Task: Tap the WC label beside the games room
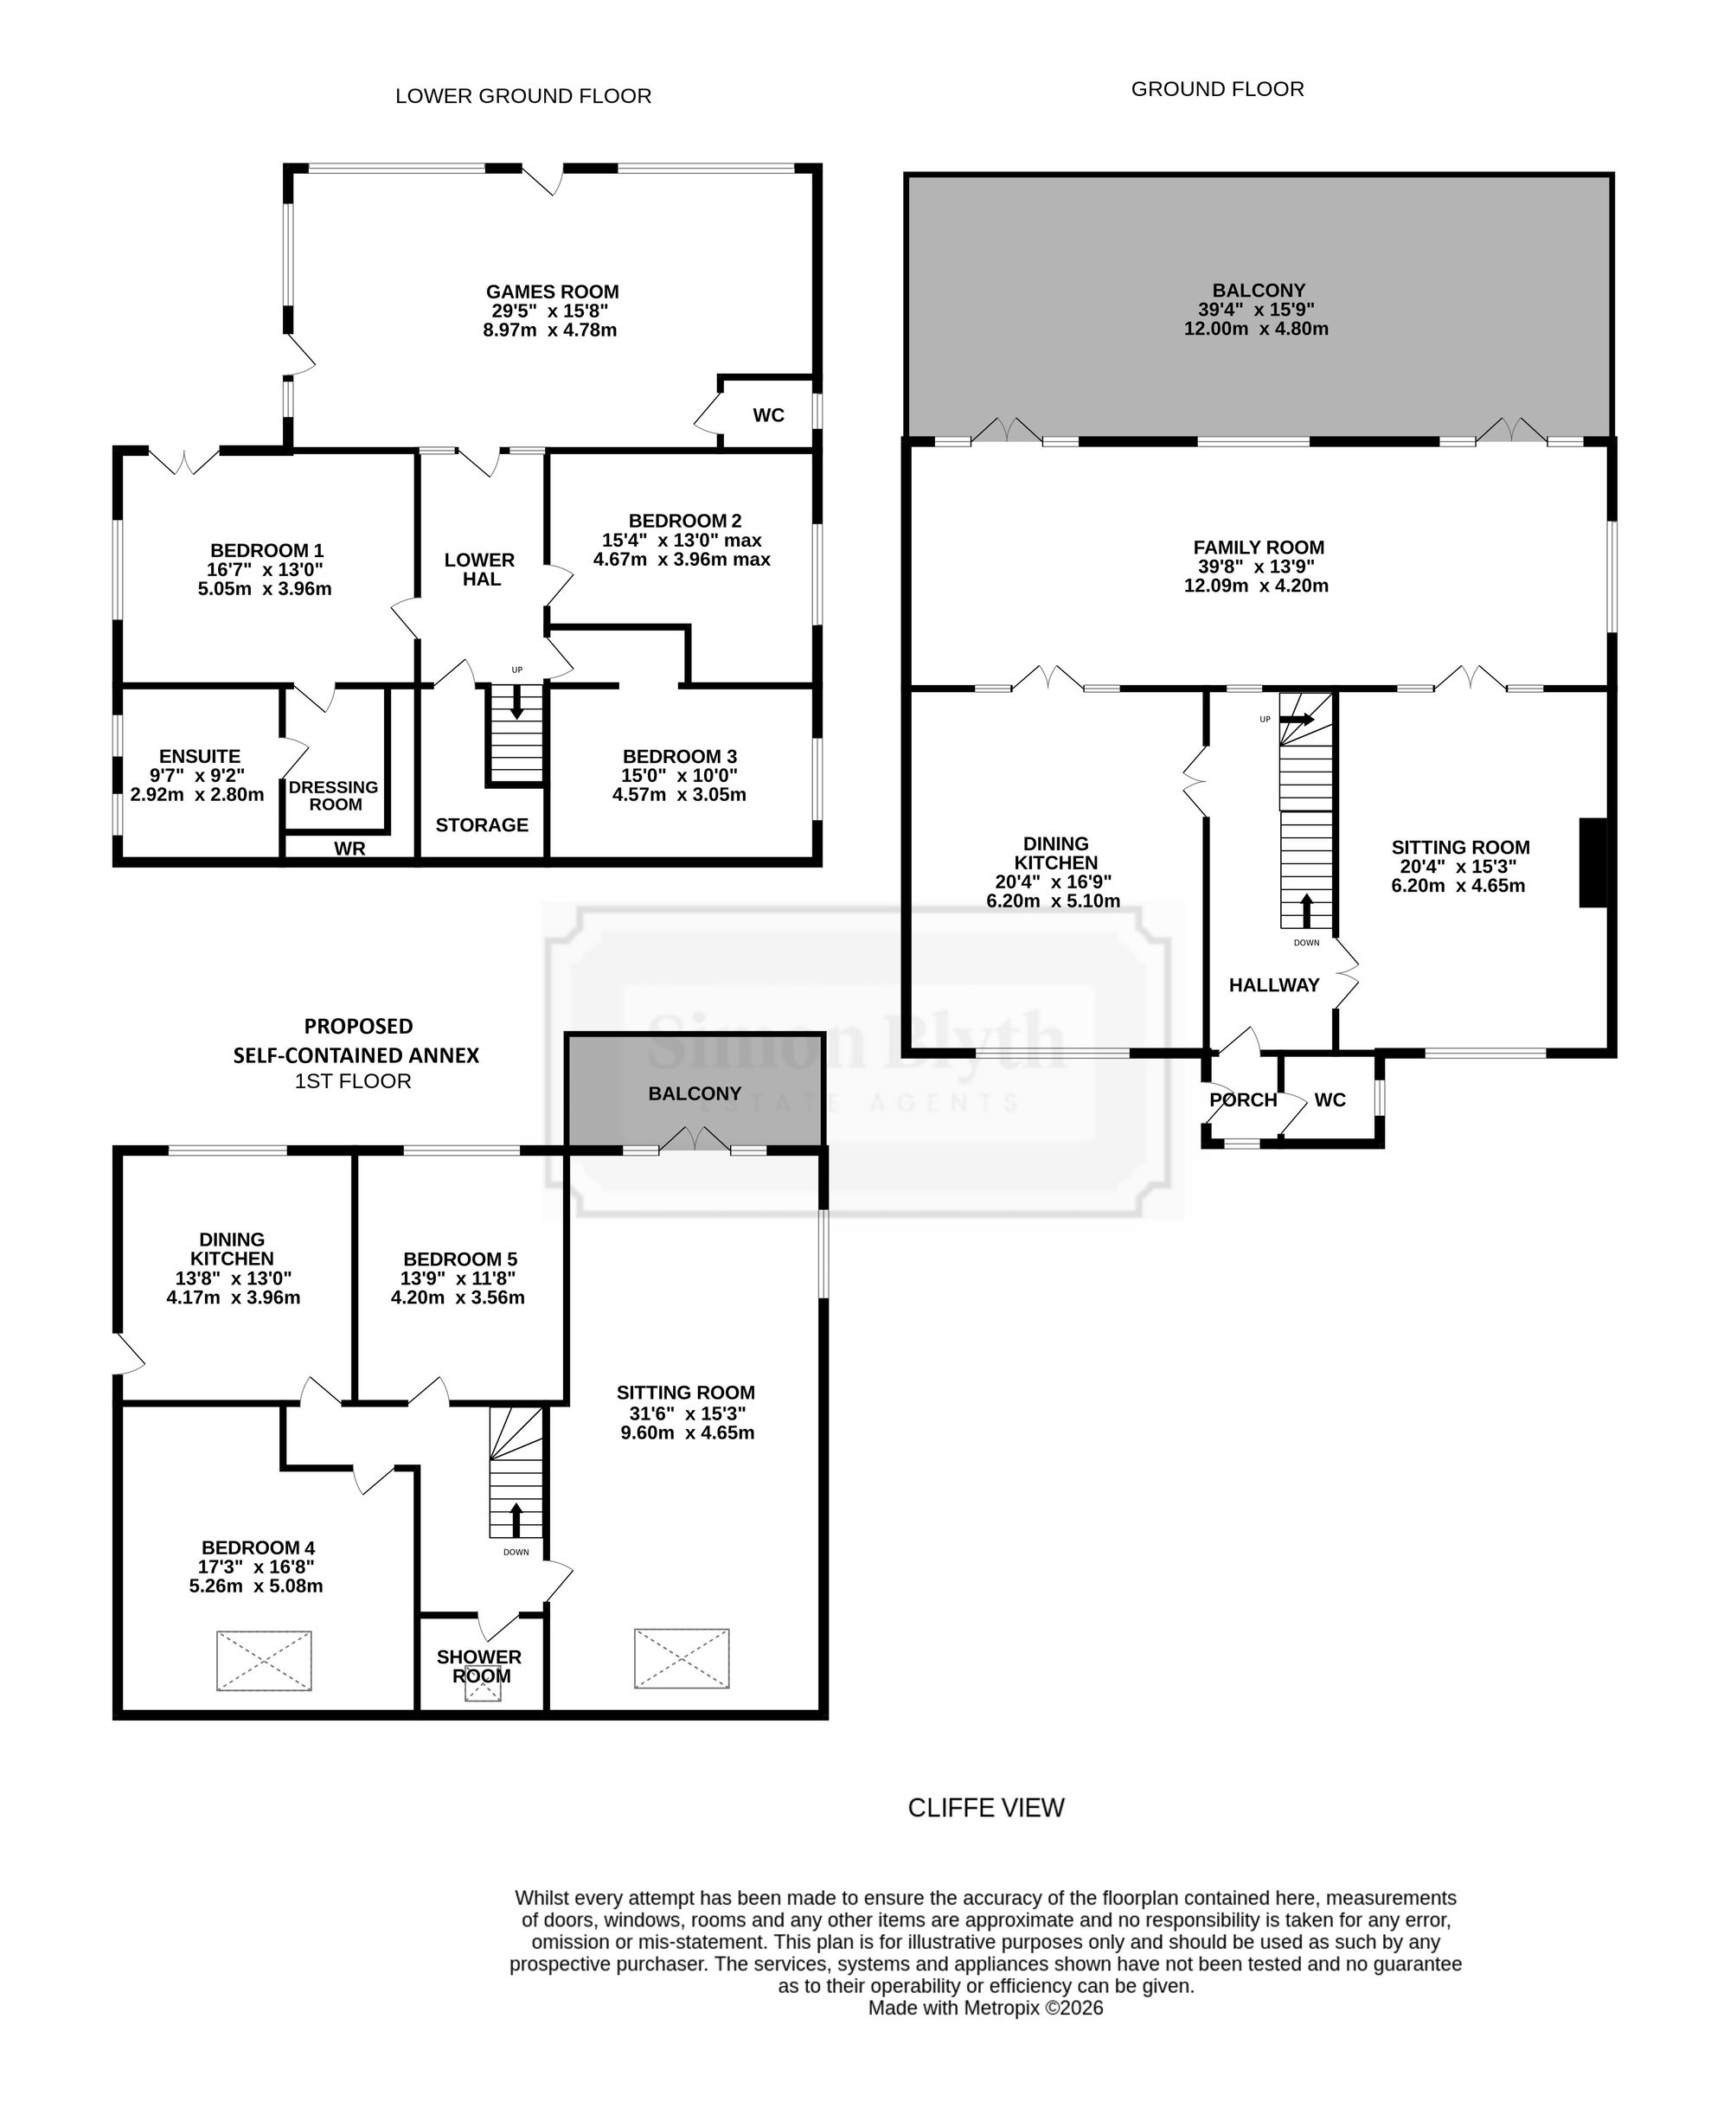coord(768,414)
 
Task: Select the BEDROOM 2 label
coord(684,520)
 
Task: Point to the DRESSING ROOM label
coord(334,796)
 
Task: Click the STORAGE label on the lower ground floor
coord(481,824)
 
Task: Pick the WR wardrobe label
coord(349,849)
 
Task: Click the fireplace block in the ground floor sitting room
coord(1592,862)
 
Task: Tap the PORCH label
coord(1243,1099)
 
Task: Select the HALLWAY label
coord(1273,984)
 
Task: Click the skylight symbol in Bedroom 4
coord(264,1661)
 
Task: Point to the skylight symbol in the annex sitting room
coord(682,1658)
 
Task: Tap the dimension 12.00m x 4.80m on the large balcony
coord(1256,329)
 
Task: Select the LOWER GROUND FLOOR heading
coord(523,96)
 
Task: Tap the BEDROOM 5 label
coord(460,1259)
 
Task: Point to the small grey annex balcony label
coord(695,1093)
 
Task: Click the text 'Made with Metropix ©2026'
coord(985,2008)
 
